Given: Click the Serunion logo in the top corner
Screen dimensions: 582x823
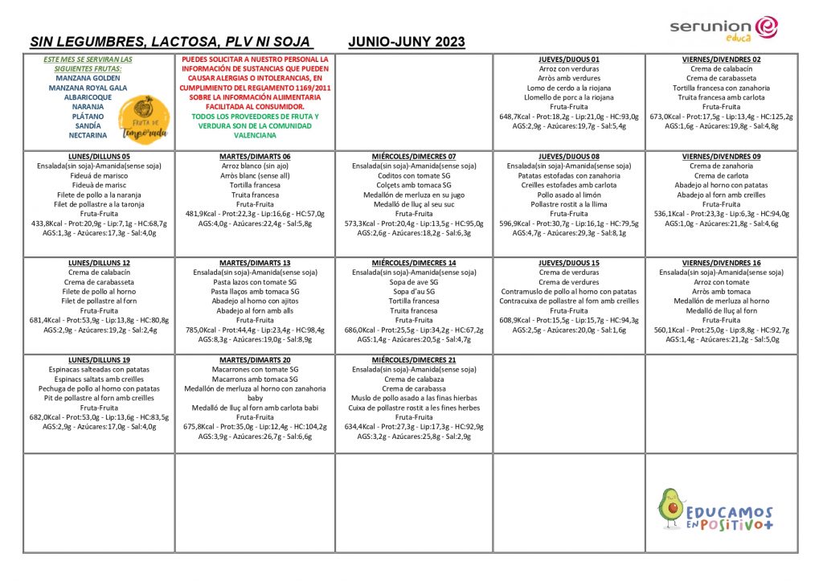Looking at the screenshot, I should pyautogui.click(x=724, y=27).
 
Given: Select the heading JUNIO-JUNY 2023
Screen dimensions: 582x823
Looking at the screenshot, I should pyautogui.click(x=407, y=42).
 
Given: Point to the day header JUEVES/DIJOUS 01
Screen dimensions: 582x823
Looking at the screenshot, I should pyautogui.click(x=568, y=59).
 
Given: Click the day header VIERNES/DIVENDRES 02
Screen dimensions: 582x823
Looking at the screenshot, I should pyautogui.click(x=721, y=59).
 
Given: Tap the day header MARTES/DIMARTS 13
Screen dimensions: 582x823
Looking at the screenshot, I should pyautogui.click(x=255, y=263).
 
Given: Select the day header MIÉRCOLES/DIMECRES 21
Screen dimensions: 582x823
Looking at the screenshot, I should pyautogui.click(x=414, y=359).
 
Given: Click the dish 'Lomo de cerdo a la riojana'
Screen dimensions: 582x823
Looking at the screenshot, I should pyautogui.click(x=568, y=88).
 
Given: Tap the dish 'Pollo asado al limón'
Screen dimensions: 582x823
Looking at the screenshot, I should pyautogui.click(x=568, y=195).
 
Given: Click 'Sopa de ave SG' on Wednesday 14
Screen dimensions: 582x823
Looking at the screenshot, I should pyautogui.click(x=414, y=282).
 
